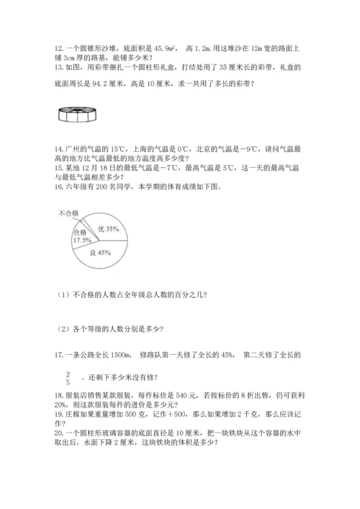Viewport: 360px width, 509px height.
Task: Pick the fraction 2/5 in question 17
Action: point(68,377)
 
